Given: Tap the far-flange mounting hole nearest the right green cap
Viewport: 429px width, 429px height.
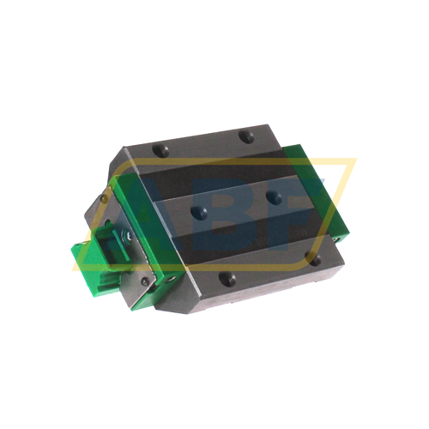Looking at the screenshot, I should [247, 136].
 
